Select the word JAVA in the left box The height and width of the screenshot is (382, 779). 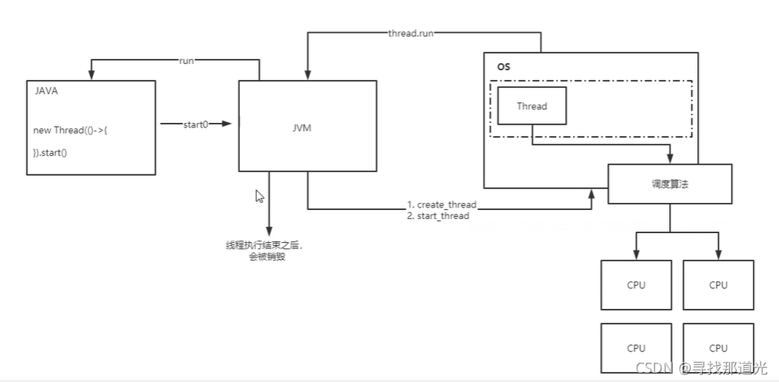[47, 91]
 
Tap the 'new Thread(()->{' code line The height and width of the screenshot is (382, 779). [75, 130]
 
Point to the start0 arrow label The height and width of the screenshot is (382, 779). [195, 123]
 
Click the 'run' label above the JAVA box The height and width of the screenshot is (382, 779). [186, 61]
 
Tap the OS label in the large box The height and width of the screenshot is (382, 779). [504, 67]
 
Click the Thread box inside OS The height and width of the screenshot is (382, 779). [532, 106]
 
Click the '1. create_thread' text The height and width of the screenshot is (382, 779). [441, 205]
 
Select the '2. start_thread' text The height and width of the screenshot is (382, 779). [438, 216]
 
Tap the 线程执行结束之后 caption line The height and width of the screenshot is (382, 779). [265, 245]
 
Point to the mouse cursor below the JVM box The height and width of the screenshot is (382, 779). [259, 196]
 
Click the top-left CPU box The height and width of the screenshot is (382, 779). [636, 285]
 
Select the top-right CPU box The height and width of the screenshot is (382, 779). [718, 285]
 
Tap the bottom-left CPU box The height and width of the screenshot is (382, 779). [636, 347]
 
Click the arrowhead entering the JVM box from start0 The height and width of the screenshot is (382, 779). [227, 123]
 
